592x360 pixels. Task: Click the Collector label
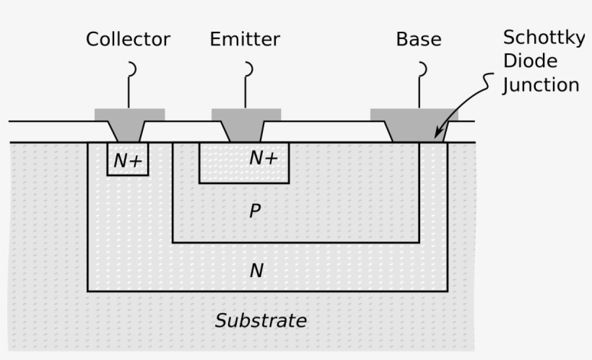(128, 39)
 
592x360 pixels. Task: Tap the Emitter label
(245, 39)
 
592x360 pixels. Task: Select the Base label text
(418, 39)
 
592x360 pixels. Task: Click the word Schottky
(543, 38)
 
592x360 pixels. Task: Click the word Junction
(541, 85)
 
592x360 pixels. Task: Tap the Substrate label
(261, 320)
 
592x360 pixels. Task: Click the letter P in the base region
(254, 211)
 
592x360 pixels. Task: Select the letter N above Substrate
(256, 271)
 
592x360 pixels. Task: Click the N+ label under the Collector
(128, 161)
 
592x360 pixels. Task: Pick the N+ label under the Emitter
(263, 158)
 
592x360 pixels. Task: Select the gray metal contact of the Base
(414, 123)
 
